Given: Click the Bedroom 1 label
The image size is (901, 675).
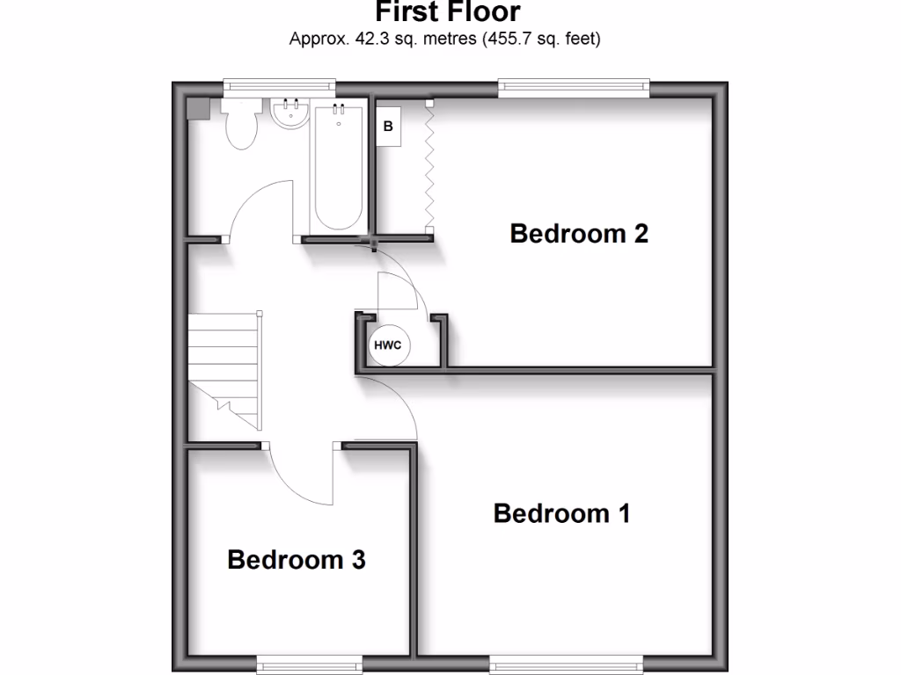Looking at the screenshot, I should (x=561, y=513).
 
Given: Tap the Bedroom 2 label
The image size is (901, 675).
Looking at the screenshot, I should (x=579, y=234).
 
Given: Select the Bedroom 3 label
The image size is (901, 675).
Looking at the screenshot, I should (x=297, y=559).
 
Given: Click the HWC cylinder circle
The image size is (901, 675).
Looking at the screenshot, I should (x=388, y=345).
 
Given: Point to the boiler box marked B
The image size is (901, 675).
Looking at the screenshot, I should (x=388, y=127).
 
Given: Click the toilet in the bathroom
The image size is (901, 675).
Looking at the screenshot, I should (x=240, y=125).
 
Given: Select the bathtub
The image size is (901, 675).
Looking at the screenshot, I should (x=336, y=167).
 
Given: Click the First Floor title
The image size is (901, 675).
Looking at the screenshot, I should (x=448, y=12).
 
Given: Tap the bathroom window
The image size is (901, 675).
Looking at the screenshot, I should (x=279, y=86).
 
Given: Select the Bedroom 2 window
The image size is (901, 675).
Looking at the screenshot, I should (x=574, y=86).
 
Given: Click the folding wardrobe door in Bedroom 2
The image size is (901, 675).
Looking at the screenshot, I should (x=429, y=167).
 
